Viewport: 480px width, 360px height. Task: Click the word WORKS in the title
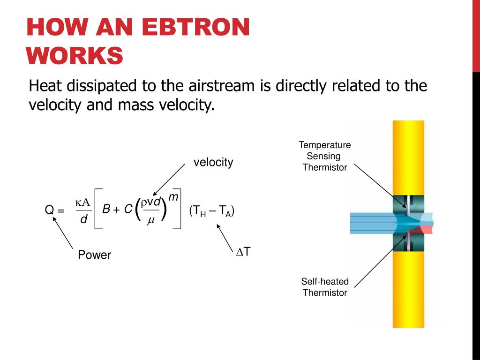click(75, 56)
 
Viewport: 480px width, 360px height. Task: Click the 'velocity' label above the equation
click(213, 162)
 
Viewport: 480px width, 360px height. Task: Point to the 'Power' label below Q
click(94, 255)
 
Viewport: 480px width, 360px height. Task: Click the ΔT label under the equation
click(243, 252)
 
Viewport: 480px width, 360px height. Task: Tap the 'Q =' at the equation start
click(54, 211)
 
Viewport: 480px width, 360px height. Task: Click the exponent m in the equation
click(173, 197)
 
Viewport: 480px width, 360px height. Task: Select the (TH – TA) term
click(212, 211)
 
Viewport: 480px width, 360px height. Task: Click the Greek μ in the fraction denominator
click(150, 221)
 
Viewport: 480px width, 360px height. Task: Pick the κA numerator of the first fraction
click(82, 202)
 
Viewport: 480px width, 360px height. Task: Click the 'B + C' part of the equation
click(117, 210)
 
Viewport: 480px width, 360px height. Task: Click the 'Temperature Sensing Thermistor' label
click(325, 156)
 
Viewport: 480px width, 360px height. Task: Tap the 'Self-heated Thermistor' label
click(325, 287)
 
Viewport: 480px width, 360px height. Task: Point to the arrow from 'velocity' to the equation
click(169, 180)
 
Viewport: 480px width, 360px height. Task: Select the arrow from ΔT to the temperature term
click(225, 237)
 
